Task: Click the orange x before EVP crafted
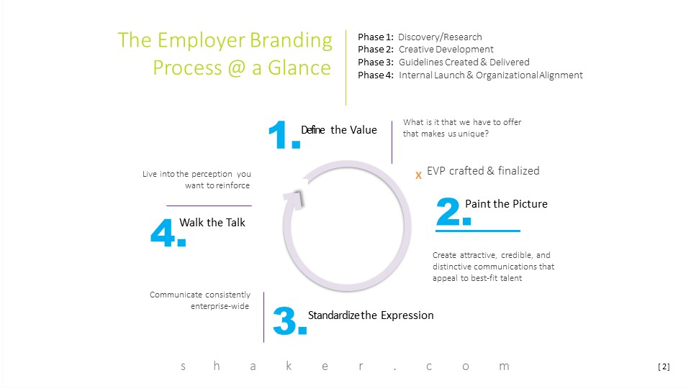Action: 418,175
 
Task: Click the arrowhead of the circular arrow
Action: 294,197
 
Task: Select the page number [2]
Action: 664,366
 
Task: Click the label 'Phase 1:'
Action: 376,37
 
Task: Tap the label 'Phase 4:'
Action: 376,75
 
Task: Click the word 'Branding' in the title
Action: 291,40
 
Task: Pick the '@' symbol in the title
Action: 237,68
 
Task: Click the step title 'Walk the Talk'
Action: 212,223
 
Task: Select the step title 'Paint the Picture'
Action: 506,203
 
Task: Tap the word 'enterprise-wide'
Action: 220,306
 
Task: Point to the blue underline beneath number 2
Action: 478,231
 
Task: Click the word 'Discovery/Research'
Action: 440,37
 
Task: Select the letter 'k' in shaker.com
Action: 289,366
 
